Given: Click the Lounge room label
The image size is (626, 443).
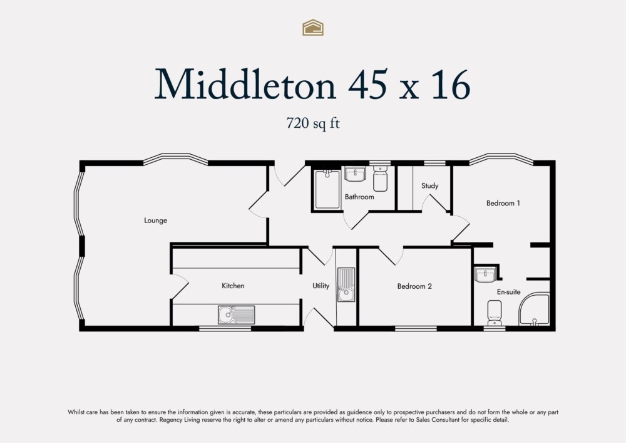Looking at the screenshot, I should pyautogui.click(x=155, y=221).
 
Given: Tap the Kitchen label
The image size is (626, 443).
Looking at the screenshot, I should pyautogui.click(x=233, y=286).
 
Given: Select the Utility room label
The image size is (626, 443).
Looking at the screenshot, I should pyautogui.click(x=321, y=286).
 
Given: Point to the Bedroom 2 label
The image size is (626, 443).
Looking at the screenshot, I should pyautogui.click(x=414, y=286).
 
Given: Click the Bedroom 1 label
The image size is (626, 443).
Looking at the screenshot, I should pyautogui.click(x=503, y=203).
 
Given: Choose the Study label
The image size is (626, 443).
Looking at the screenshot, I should pyautogui.click(x=429, y=185).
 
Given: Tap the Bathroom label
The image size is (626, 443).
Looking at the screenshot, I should pyautogui.click(x=359, y=197).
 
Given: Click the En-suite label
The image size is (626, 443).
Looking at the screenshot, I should pyautogui.click(x=508, y=291).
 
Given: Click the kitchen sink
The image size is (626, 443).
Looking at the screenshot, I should pyautogui.click(x=236, y=315).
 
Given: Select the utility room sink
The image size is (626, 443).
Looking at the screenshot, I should pyautogui.click(x=346, y=284).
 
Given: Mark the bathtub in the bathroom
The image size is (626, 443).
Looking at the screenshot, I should pyautogui.click(x=326, y=189).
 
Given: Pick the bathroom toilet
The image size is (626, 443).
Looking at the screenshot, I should pyautogui.click(x=380, y=179).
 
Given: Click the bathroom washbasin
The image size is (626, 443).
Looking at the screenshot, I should pyautogui.click(x=355, y=174).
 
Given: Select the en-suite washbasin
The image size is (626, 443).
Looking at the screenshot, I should pyautogui.click(x=485, y=274).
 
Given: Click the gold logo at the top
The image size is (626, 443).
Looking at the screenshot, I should pyautogui.click(x=313, y=27).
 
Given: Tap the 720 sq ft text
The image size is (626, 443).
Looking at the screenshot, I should pyautogui.click(x=312, y=123).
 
